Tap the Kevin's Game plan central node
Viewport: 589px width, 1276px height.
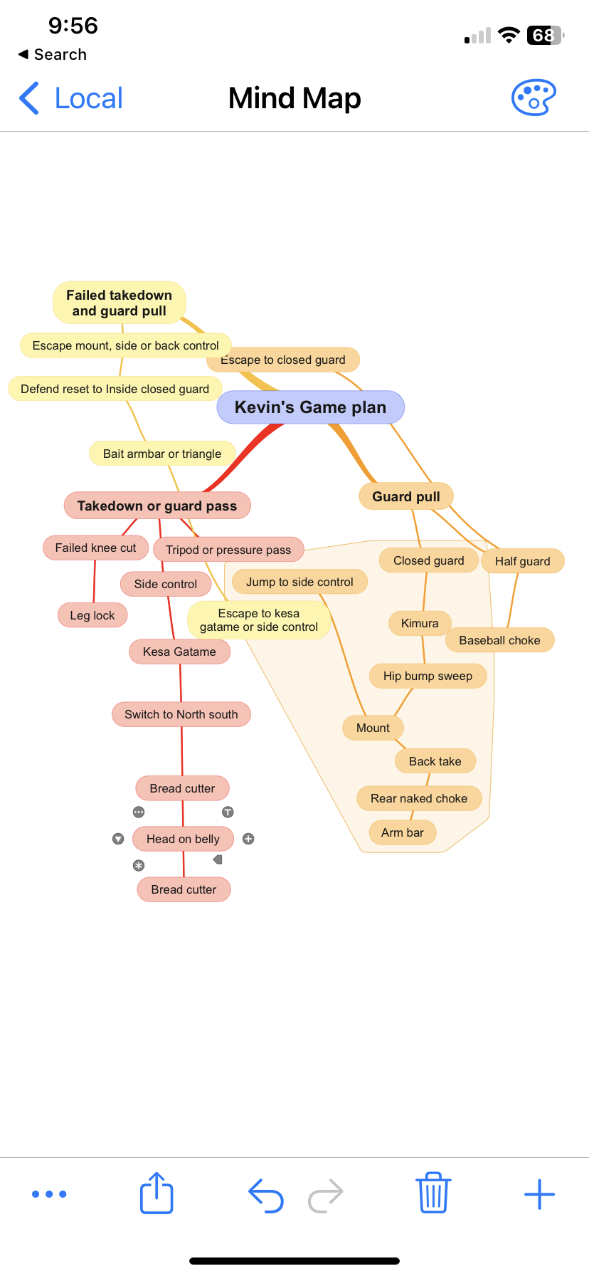pyautogui.click(x=310, y=407)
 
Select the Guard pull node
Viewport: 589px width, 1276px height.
pyautogui.click(x=405, y=496)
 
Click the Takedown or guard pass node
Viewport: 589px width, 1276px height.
pyautogui.click(x=156, y=506)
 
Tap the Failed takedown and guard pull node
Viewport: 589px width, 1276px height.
pyautogui.click(x=119, y=303)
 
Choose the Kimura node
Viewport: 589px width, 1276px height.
pyautogui.click(x=419, y=623)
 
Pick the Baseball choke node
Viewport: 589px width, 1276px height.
pyautogui.click(x=499, y=640)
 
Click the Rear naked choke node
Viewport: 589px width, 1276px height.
pyautogui.click(x=418, y=798)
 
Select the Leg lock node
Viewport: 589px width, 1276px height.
pyautogui.click(x=92, y=615)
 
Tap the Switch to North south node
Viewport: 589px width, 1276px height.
pyautogui.click(x=181, y=714)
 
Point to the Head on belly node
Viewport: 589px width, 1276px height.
pyautogui.click(x=183, y=839)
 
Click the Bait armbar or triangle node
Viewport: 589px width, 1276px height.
pyautogui.click(x=161, y=454)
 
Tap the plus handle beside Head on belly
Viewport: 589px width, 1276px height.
pyautogui.click(x=248, y=839)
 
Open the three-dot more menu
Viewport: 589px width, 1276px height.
pyautogui.click(x=49, y=1194)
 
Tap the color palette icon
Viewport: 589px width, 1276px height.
pyautogui.click(x=533, y=98)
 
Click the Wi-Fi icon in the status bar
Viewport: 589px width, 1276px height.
pyautogui.click(x=509, y=36)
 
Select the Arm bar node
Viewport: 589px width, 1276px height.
pyautogui.click(x=402, y=832)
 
